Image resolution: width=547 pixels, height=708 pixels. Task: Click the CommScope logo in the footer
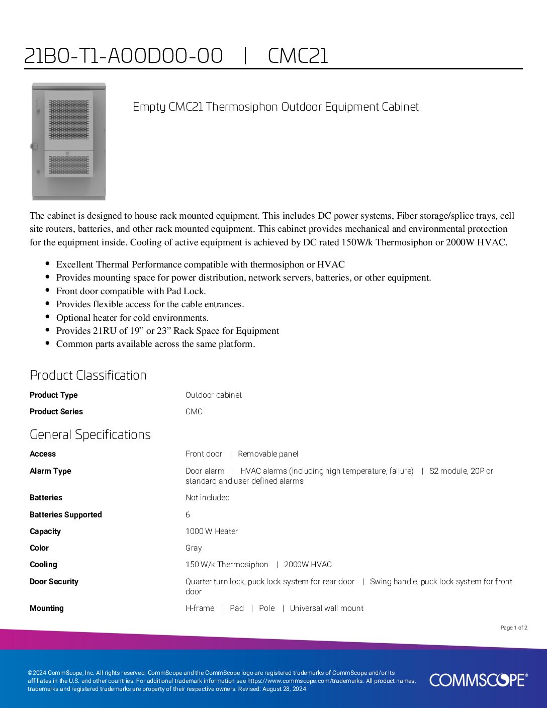click(478, 680)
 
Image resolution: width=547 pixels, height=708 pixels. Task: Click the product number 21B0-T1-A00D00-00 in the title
click(124, 56)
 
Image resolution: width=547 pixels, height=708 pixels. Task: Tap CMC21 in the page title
click(298, 56)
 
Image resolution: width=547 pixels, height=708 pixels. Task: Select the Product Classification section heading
click(88, 375)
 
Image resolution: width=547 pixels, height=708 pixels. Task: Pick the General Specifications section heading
click(90, 434)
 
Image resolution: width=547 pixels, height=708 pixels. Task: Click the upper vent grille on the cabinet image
click(69, 120)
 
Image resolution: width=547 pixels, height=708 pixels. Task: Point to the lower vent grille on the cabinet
click(69, 164)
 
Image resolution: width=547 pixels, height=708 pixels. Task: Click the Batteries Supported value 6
click(188, 514)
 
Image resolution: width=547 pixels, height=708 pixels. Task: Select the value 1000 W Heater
click(211, 531)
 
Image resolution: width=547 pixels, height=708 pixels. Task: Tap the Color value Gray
click(194, 548)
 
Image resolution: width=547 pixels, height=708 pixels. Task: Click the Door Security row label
click(54, 582)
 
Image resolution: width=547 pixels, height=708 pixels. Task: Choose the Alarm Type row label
click(50, 471)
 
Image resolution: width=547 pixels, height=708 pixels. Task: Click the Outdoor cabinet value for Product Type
click(213, 395)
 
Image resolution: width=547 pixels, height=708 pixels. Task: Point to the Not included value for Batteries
click(207, 497)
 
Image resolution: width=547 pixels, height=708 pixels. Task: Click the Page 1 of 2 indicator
click(514, 628)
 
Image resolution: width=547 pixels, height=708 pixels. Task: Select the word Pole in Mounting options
click(266, 608)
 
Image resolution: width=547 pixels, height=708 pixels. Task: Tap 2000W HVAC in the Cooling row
click(308, 565)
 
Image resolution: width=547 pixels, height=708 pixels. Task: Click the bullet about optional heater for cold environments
click(132, 318)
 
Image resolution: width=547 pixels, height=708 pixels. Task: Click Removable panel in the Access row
click(267, 454)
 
